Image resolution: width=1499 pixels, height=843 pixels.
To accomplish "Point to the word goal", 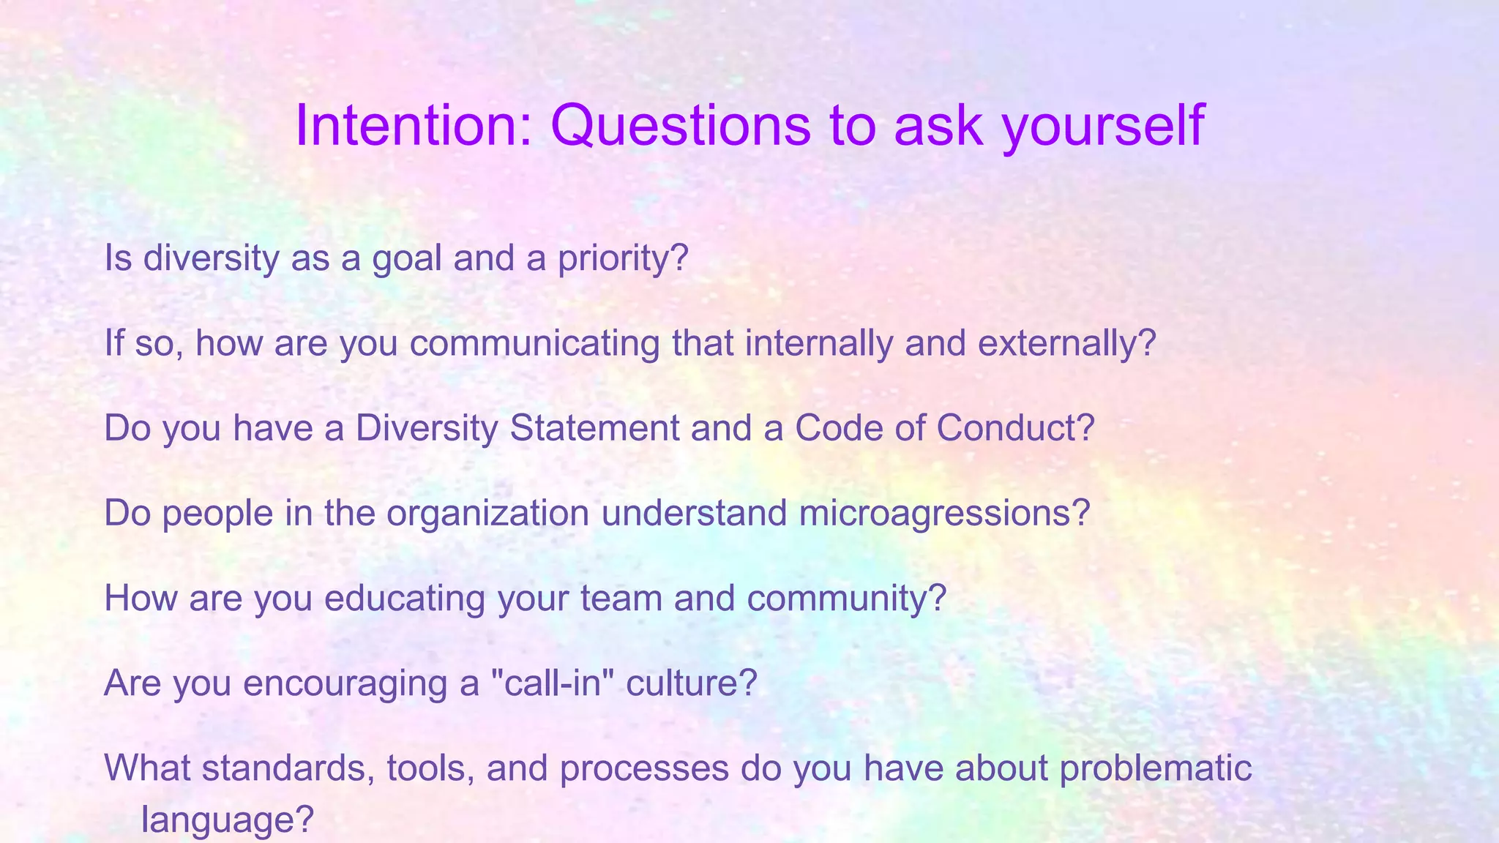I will (407, 258).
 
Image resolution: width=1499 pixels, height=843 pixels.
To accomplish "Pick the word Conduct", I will (1015, 428).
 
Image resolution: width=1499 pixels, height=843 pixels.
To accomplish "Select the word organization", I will (487, 513).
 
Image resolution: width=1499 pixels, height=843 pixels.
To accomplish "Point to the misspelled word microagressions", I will (944, 513).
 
